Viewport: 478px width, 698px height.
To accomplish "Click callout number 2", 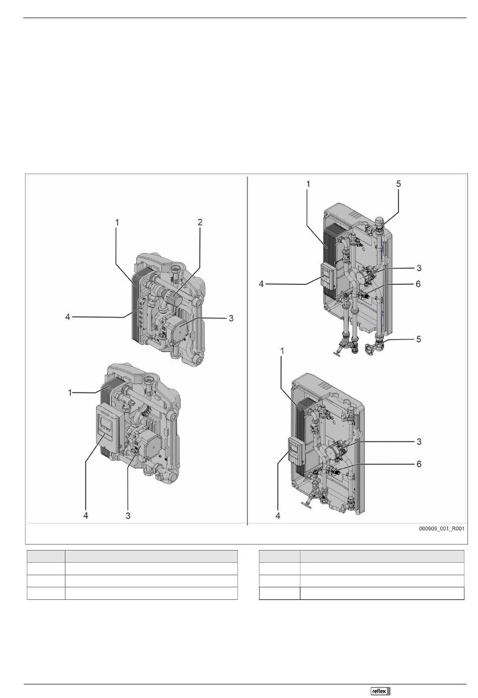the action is pyautogui.click(x=200, y=222).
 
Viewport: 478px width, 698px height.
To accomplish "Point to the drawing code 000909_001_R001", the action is pyautogui.click(x=441, y=537).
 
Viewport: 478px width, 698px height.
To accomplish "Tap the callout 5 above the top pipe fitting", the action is pyautogui.click(x=399, y=184).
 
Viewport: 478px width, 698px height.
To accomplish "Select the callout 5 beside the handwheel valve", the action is pyautogui.click(x=419, y=339).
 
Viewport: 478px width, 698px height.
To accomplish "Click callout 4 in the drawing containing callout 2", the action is pyautogui.click(x=67, y=317).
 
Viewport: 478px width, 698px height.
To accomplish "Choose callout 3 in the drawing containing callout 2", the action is pyautogui.click(x=231, y=318).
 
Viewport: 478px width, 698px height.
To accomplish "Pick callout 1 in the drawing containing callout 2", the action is pyautogui.click(x=117, y=222).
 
